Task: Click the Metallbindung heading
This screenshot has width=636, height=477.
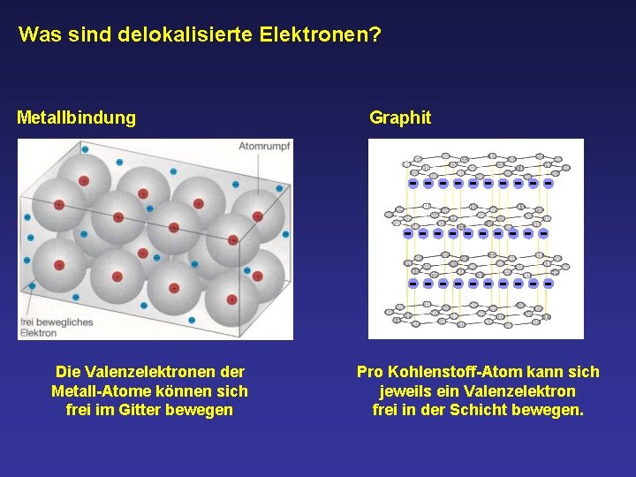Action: tap(77, 117)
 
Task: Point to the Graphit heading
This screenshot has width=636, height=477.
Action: tap(400, 117)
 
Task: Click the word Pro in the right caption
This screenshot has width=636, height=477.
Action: tap(370, 372)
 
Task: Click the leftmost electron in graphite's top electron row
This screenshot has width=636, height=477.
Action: tap(413, 184)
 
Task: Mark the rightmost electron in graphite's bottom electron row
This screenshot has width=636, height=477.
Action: tap(548, 284)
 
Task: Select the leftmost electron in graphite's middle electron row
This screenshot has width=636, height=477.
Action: tap(407, 234)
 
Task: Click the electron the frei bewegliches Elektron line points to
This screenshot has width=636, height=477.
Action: tap(33, 285)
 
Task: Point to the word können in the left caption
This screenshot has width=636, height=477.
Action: tap(199, 390)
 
